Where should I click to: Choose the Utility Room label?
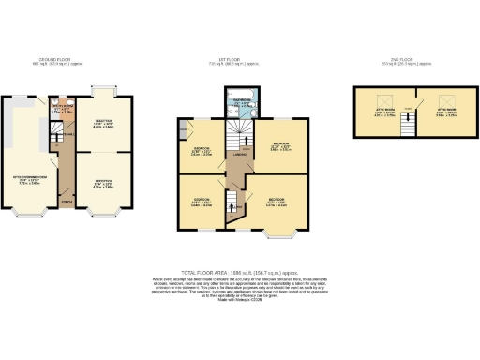pyautogui.click(x=60, y=108)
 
